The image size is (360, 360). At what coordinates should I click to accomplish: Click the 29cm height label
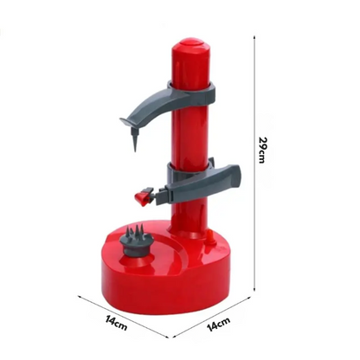262,150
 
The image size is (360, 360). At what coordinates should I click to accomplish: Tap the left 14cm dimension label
116,323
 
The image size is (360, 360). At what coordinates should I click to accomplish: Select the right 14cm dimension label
219,324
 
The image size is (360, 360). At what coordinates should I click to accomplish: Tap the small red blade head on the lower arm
143,197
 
